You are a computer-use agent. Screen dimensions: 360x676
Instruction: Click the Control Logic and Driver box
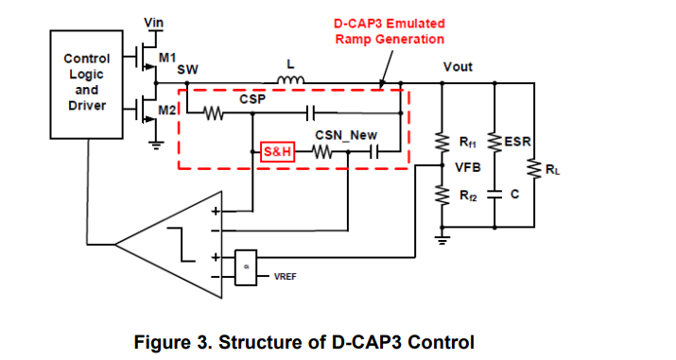85,81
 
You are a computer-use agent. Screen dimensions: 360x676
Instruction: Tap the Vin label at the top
151,22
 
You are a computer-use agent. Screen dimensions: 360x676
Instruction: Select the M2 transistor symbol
147,111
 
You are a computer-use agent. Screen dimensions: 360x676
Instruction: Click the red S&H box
277,151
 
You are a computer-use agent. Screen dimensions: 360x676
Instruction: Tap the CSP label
251,97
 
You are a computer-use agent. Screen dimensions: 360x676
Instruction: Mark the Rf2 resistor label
466,197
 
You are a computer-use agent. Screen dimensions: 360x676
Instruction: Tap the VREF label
286,277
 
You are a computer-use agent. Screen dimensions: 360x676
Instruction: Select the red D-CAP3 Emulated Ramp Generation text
388,31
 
